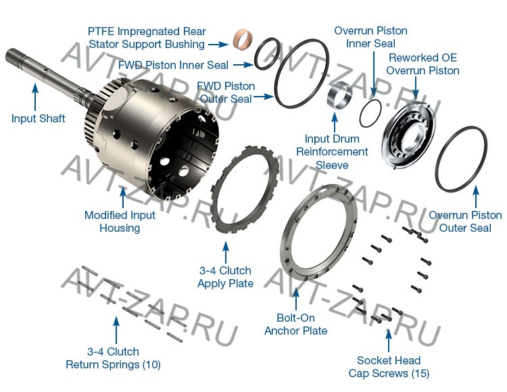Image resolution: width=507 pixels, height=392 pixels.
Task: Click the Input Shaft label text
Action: coord(38,118)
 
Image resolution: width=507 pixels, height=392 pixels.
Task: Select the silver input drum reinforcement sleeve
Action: coord(339,96)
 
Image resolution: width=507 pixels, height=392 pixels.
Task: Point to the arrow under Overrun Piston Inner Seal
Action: coord(374,74)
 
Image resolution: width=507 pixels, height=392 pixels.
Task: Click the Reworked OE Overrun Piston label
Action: coord(422,64)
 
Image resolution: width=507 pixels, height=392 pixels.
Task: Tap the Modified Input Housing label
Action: coord(120,222)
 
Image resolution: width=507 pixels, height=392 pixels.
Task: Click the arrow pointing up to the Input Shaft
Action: coord(35,97)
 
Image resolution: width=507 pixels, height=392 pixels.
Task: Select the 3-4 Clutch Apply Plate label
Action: coord(225,277)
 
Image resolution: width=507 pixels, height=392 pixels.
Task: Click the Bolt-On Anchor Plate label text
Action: coord(295,324)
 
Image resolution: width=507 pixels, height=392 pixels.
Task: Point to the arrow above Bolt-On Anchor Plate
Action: coord(296,298)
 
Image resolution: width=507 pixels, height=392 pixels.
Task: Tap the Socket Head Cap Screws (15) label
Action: coord(389,367)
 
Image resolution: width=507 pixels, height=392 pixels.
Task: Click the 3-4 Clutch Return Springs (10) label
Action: coord(113,358)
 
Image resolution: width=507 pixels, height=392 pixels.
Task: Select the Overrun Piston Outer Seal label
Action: coord(465,222)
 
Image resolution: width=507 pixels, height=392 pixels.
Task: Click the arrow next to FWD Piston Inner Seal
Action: coord(243,65)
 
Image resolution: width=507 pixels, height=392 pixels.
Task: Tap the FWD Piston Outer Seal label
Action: coord(226,93)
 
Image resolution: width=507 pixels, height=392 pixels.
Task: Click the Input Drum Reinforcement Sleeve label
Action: coord(332,151)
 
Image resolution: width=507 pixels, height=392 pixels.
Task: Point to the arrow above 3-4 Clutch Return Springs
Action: coord(116,330)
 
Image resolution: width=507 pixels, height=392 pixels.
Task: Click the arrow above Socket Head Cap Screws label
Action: coord(389,341)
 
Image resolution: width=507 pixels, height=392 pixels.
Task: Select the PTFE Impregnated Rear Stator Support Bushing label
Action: coord(147,38)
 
